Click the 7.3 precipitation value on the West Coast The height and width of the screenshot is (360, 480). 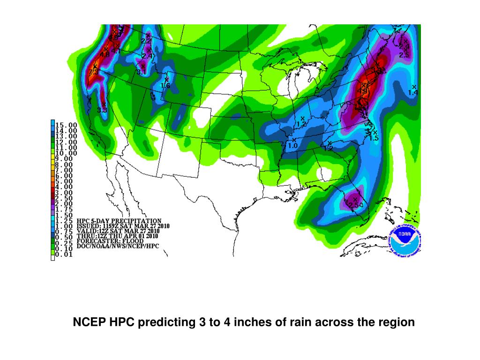tap(93, 72)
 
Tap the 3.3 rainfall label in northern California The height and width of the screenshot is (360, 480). tap(102, 110)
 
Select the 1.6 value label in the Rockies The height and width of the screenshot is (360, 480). tap(165, 86)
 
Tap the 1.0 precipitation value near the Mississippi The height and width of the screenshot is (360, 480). tap(292, 146)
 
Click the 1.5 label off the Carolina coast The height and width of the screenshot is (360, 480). tap(374, 138)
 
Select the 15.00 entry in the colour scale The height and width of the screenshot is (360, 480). tap(67, 125)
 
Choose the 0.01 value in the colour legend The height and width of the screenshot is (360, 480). tap(64, 255)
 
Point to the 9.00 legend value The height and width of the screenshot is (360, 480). tap(64, 159)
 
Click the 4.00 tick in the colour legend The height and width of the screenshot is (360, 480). tap(64, 187)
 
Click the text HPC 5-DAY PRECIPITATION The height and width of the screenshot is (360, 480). tap(119, 221)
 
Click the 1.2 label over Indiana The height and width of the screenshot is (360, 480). tap(301, 124)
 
